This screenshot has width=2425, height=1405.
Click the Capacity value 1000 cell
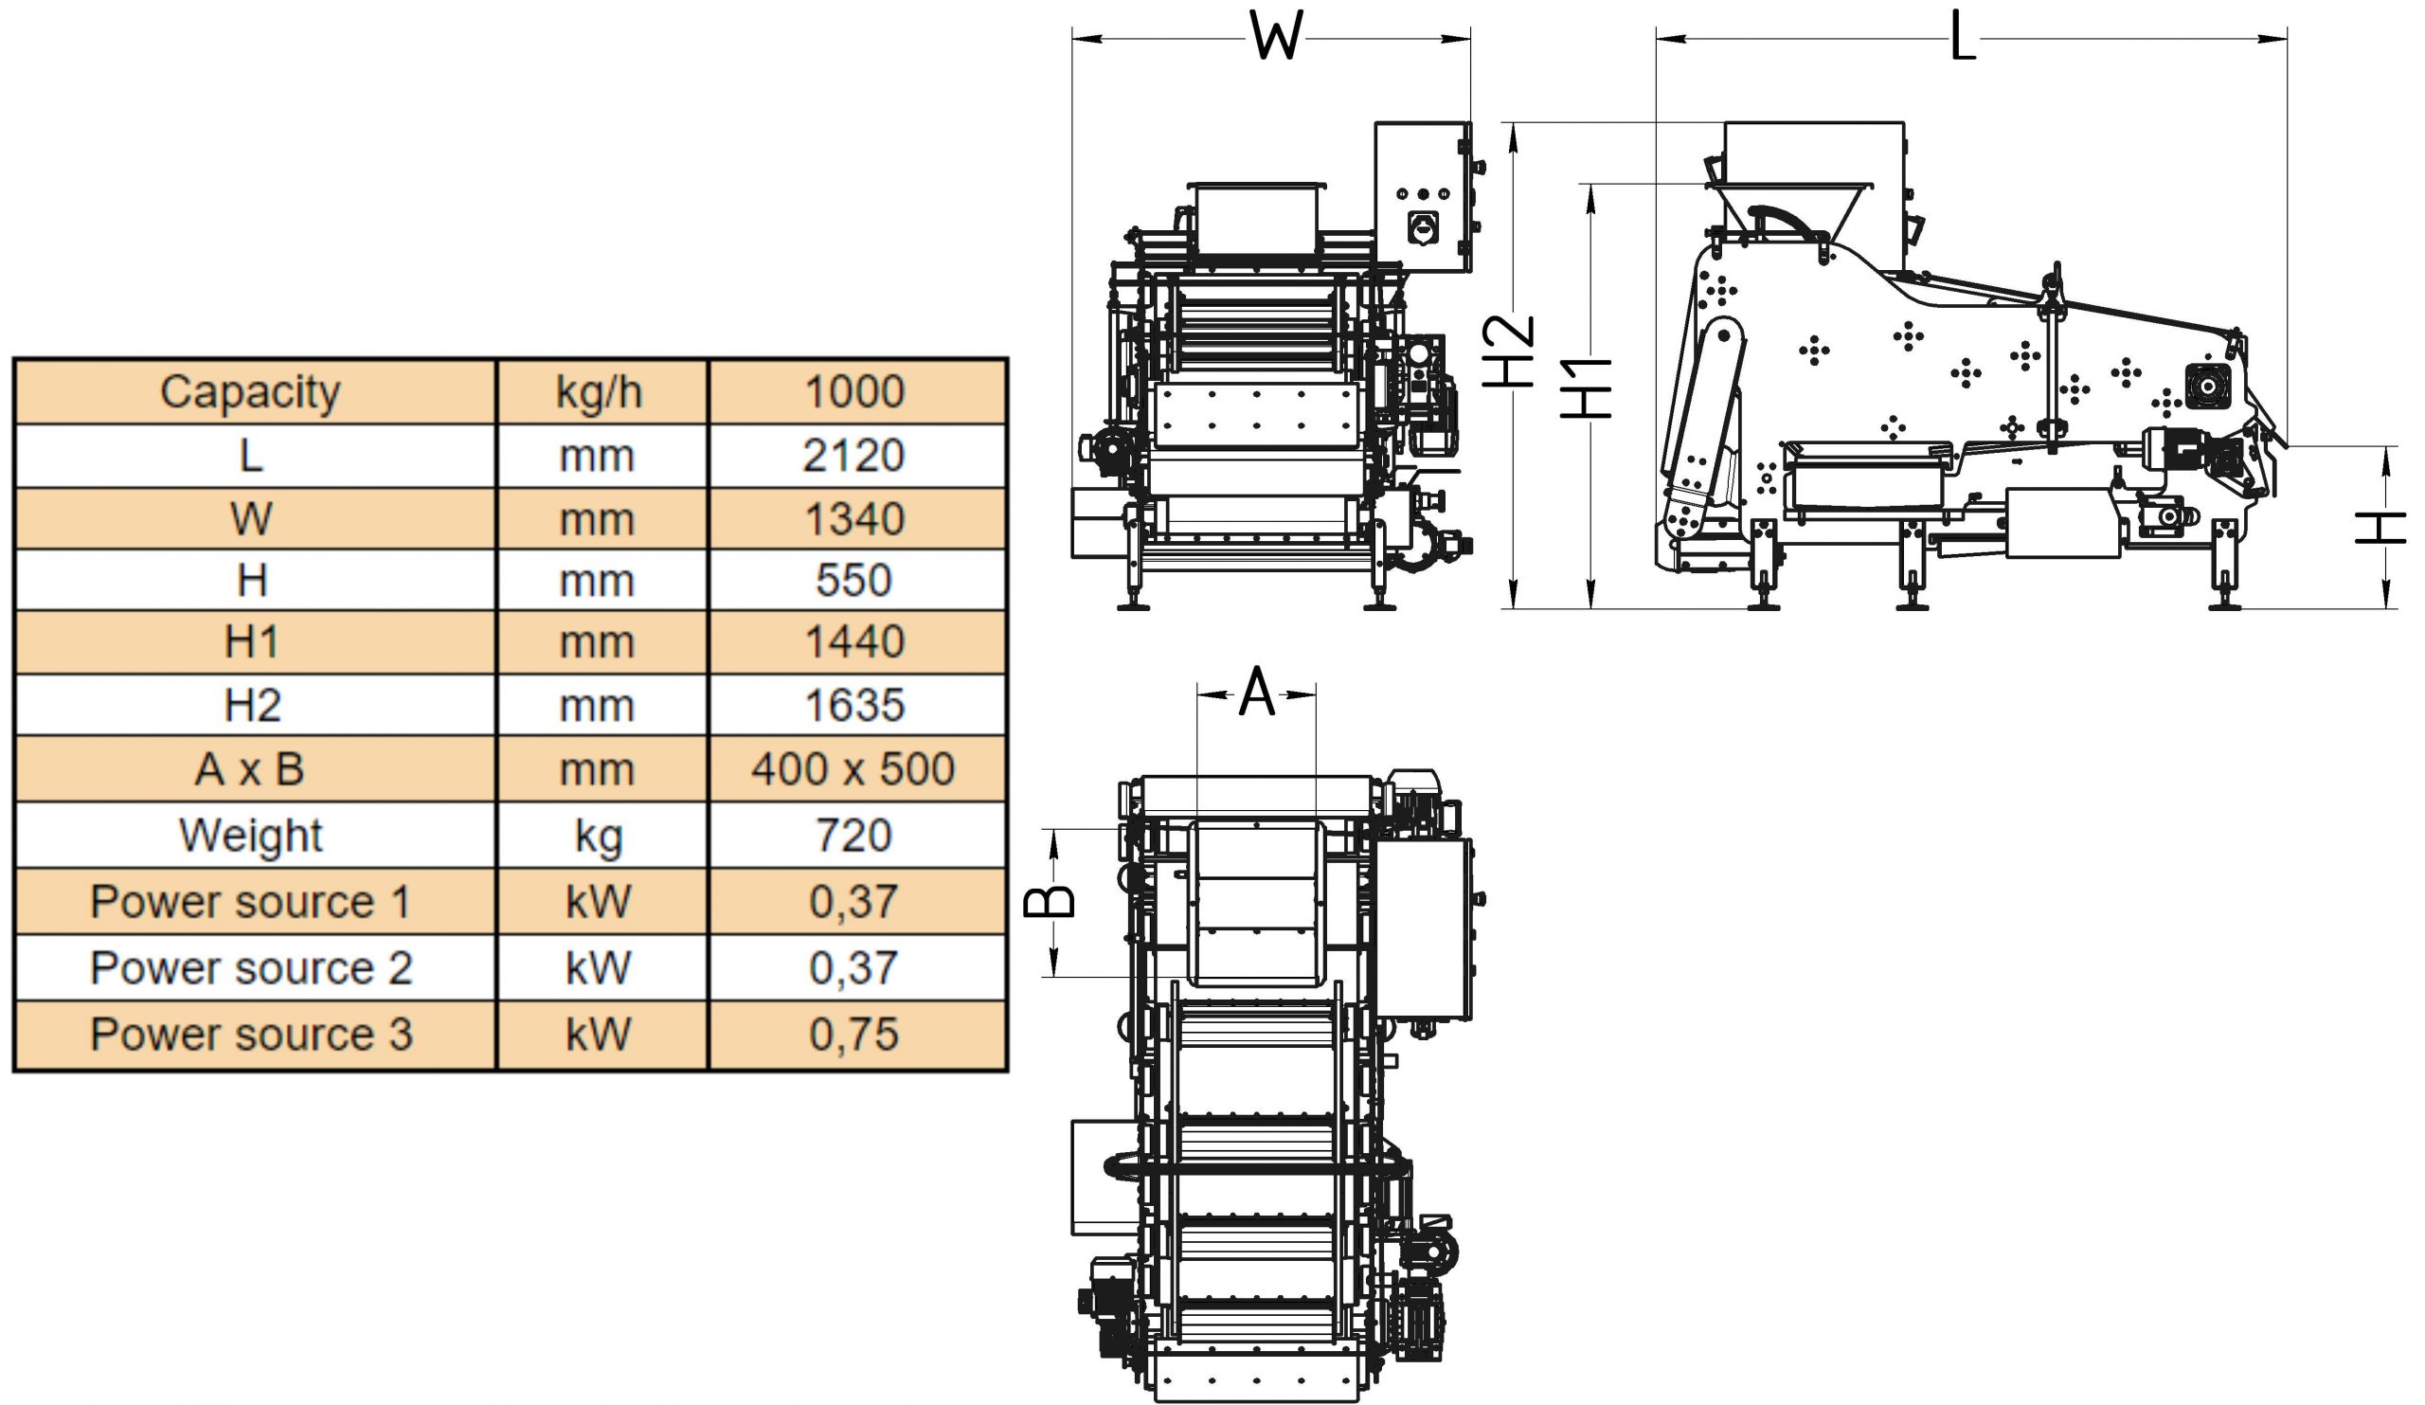pyautogui.click(x=854, y=391)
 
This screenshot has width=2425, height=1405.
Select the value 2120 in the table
pyautogui.click(x=854, y=455)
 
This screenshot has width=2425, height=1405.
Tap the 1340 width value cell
pyautogui.click(x=854, y=518)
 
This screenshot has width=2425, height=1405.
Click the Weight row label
pyautogui.click(x=251, y=836)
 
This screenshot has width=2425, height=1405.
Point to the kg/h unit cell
pyautogui.click(x=599, y=392)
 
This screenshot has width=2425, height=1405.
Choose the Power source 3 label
pyautogui.click(x=251, y=1035)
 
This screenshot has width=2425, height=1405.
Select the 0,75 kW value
pyautogui.click(x=854, y=1035)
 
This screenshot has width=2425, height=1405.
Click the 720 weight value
pyautogui.click(x=854, y=836)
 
